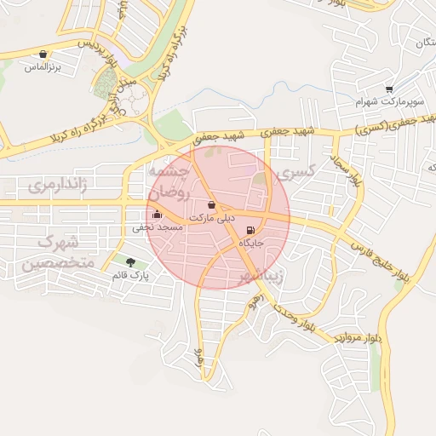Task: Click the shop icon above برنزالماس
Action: point(43,54)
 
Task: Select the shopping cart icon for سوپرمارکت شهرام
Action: point(389,89)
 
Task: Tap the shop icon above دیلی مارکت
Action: point(211,205)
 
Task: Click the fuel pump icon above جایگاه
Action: point(250,231)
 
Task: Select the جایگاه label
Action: point(252,244)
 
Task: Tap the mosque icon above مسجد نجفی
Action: point(156,215)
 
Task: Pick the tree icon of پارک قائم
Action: point(130,262)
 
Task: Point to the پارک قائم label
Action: point(131,275)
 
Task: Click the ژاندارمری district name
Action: point(59,186)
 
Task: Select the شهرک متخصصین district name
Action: point(56,253)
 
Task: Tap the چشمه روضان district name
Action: point(169,182)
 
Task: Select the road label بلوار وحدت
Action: point(284,315)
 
